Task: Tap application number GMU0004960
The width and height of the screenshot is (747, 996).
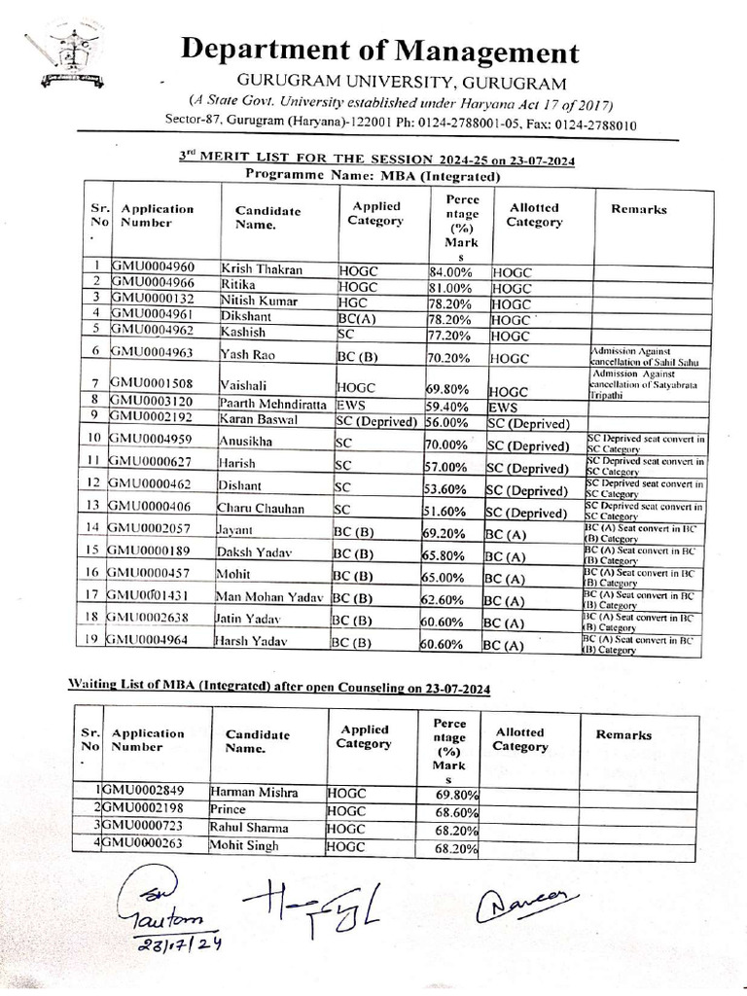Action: coord(153,267)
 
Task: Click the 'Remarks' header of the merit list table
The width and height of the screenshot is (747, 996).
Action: coord(638,209)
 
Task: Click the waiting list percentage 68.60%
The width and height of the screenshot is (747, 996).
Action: coord(458,810)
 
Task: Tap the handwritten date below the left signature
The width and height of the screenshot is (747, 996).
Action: coord(180,945)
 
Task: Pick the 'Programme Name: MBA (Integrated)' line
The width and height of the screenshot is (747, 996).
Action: coord(373,176)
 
